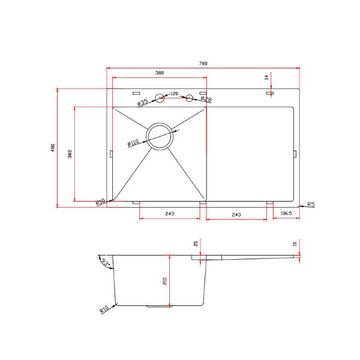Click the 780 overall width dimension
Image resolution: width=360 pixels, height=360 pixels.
coord(203,63)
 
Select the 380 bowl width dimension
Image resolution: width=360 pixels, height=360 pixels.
coord(160,73)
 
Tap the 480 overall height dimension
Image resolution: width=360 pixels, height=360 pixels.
coord(53,148)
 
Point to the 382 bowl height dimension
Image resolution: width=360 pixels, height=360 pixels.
coord(70,154)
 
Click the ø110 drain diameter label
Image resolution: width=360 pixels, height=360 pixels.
coord(133,143)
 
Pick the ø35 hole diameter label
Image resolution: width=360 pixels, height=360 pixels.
coord(143,103)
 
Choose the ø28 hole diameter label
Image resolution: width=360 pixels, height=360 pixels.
coord(206,99)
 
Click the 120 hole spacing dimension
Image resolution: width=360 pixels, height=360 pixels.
coord(174,94)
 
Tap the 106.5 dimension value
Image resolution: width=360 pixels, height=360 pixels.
coord(286,213)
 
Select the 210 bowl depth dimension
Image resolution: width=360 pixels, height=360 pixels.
coord(164,281)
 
